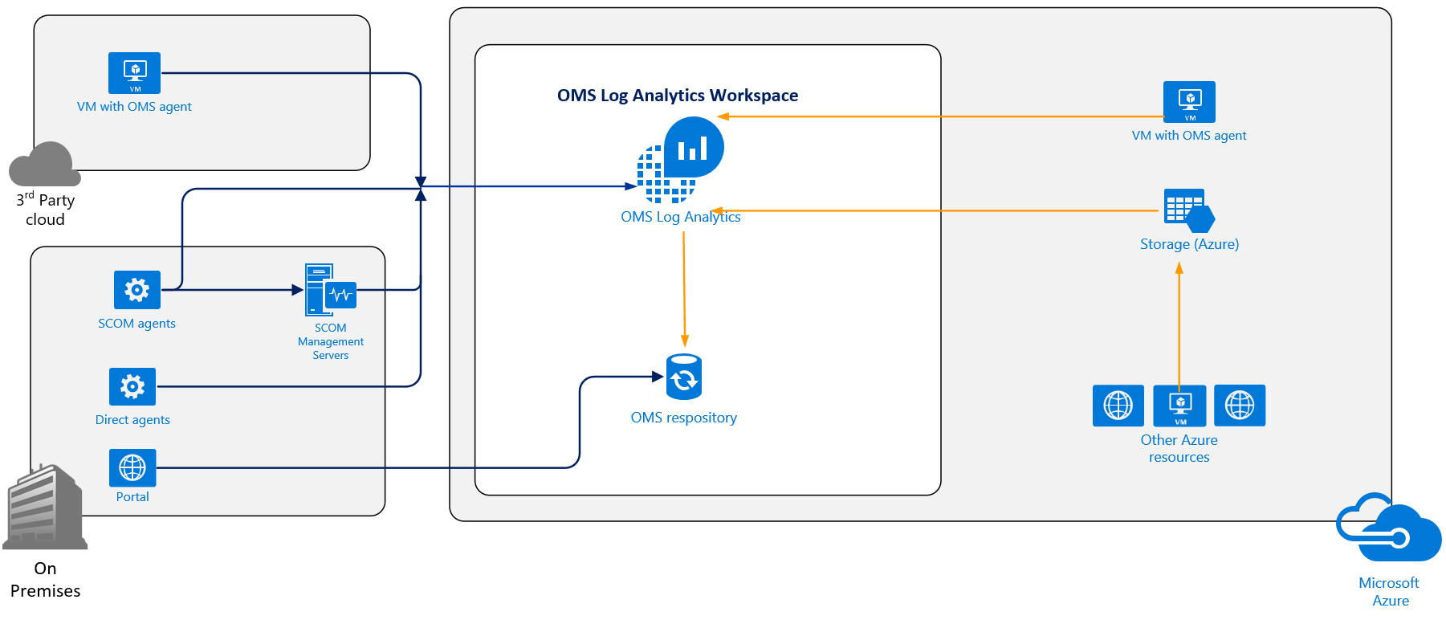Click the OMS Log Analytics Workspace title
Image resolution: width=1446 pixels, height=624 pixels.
677,96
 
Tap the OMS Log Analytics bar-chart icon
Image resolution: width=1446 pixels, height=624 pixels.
692,148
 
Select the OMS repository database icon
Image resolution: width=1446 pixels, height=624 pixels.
684,377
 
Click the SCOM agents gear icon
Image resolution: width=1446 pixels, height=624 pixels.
136,290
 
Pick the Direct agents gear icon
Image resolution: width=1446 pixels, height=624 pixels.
132,387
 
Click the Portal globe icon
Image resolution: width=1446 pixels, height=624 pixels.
132,467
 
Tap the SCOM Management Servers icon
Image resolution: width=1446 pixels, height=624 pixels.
330,290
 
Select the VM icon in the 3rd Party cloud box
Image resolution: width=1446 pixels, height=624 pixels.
134,73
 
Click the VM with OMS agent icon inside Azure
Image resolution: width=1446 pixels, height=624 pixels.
1189,102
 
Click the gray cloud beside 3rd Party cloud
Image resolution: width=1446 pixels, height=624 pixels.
45,165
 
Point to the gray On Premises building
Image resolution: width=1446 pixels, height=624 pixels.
45,507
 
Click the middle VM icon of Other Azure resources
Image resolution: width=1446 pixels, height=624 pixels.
1179,406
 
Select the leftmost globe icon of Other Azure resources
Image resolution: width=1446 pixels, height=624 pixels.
1118,406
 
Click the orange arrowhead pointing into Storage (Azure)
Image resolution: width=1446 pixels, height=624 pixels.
1179,269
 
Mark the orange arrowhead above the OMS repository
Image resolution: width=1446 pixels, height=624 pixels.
685,341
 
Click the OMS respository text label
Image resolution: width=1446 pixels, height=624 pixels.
683,418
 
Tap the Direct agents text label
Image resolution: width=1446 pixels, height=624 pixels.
132,420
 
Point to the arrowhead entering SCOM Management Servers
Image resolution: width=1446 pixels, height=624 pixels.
297,290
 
